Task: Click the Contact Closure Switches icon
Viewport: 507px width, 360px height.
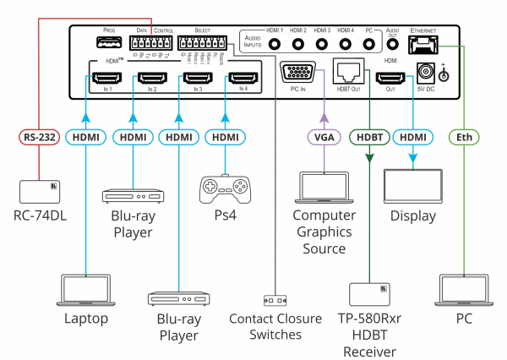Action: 276,301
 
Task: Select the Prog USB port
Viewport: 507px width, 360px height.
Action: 108,44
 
